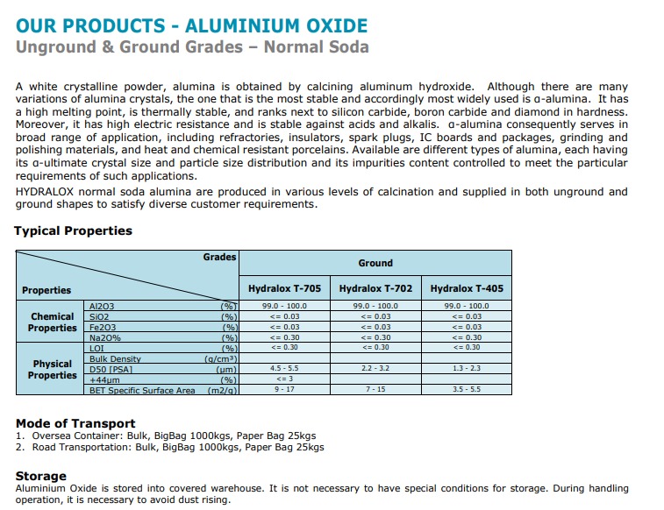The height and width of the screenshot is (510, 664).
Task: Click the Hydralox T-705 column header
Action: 284,288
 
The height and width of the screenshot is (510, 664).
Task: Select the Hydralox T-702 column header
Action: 375,288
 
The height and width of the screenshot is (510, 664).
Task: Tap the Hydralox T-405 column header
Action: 467,288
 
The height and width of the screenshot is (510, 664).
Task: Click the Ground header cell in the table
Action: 375,263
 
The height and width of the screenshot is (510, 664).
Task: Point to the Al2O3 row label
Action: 102,306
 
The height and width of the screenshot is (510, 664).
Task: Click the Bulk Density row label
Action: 115,358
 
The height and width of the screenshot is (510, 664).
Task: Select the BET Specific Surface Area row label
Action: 142,390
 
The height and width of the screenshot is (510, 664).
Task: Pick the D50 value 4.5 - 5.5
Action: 284,369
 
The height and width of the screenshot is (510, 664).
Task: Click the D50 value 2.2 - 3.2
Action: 375,369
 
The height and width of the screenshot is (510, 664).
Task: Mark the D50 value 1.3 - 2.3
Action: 467,369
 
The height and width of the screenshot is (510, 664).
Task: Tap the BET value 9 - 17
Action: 284,388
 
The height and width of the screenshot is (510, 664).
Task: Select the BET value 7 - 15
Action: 375,388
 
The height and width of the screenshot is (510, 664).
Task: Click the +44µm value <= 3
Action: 284,379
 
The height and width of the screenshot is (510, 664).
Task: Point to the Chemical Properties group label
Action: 53,322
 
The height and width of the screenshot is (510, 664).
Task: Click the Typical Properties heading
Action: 73,231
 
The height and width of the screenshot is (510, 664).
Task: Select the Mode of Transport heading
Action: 75,423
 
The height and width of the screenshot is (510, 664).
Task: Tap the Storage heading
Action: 41,476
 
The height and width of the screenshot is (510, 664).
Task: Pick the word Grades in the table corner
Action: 219,257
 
